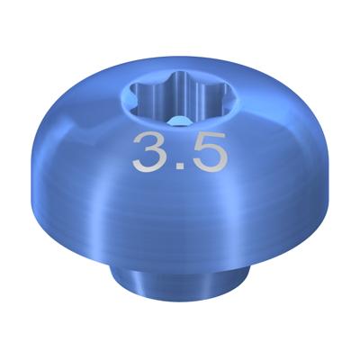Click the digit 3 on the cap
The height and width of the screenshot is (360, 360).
click(149, 152)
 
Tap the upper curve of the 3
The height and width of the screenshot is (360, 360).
click(149, 141)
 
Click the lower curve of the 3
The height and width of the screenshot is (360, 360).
click(149, 161)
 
